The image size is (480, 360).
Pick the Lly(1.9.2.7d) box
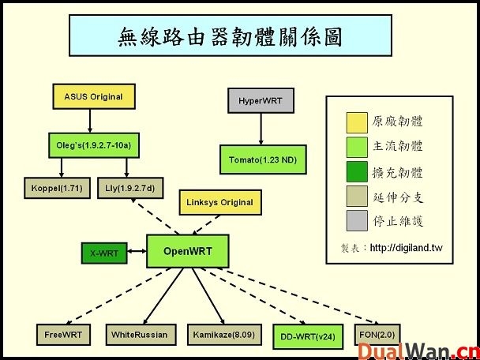point(129,189)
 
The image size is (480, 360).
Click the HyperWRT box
point(260,101)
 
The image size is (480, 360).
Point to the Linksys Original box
point(219,203)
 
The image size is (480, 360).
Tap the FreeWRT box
point(63,335)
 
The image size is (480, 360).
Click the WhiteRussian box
point(139,335)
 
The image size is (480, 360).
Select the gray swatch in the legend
point(357,220)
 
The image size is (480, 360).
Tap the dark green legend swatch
point(357,171)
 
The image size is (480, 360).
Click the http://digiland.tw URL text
point(413,248)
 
